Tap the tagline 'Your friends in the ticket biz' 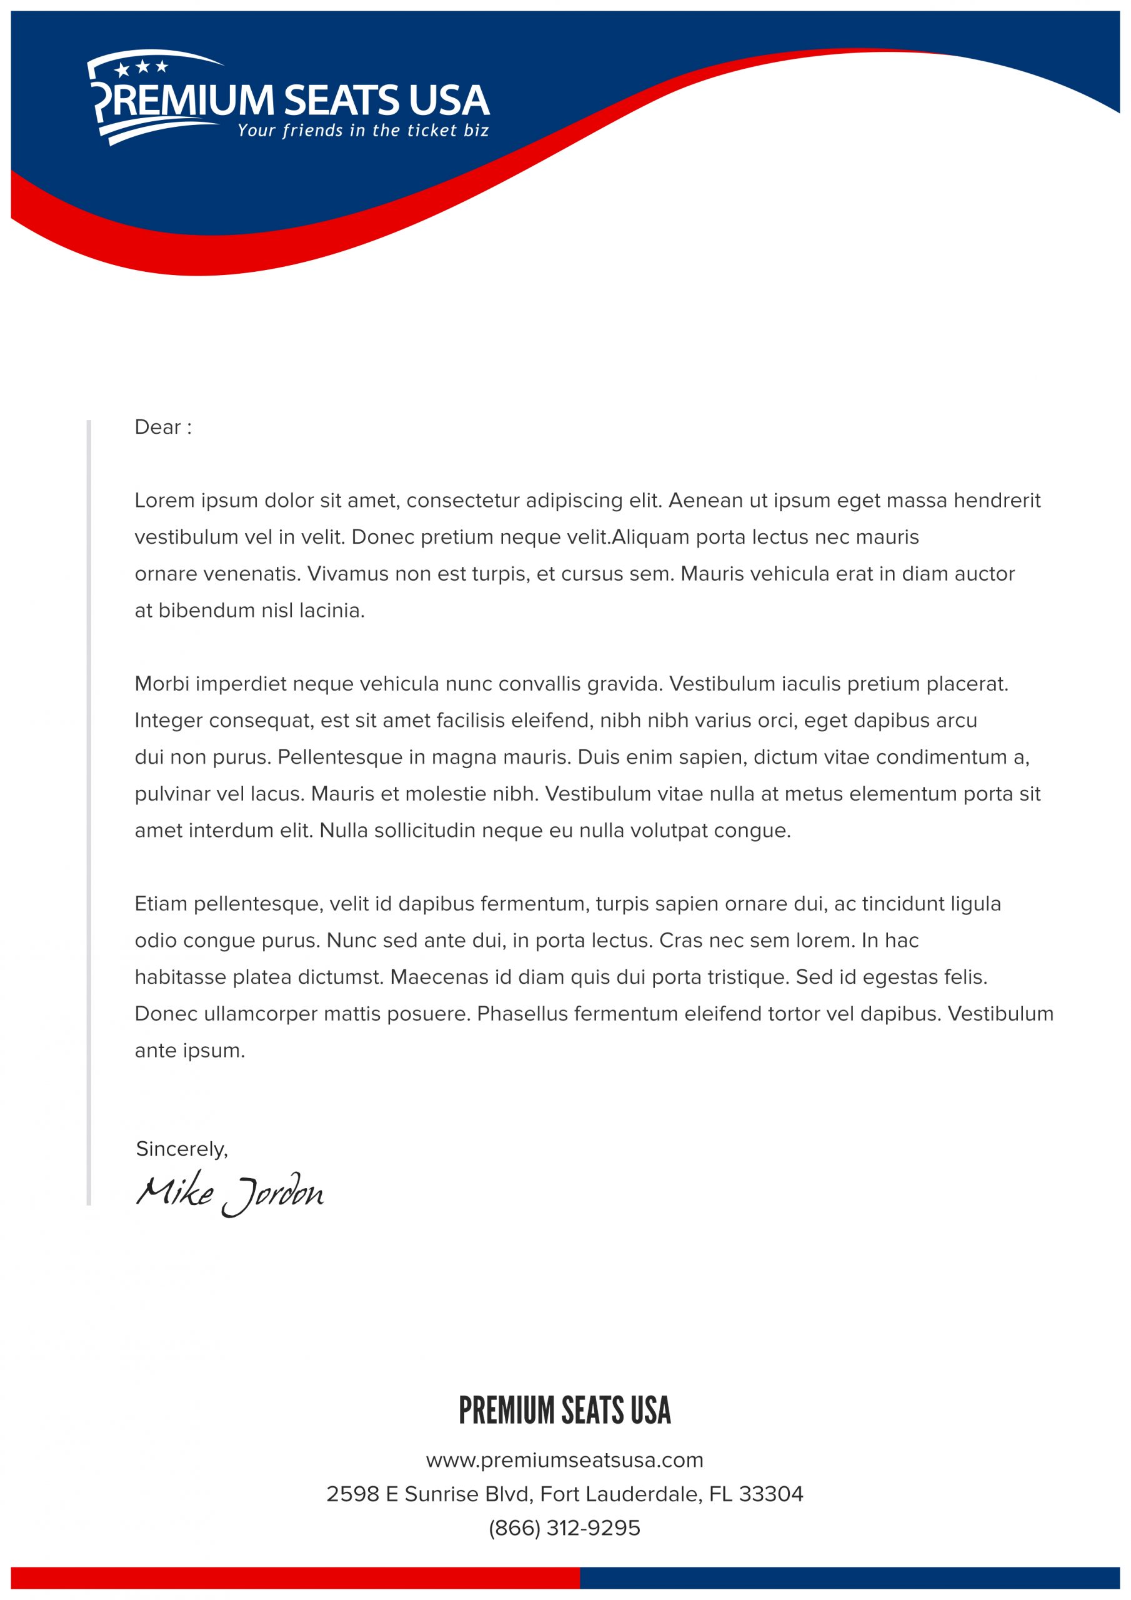pyautogui.click(x=362, y=131)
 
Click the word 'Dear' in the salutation pyautogui.click(x=157, y=427)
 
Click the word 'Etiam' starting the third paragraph pyautogui.click(x=161, y=904)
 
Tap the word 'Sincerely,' pyautogui.click(x=182, y=1149)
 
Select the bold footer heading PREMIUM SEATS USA pyautogui.click(x=564, y=1411)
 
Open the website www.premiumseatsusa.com pyautogui.click(x=564, y=1460)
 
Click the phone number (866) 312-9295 pyautogui.click(x=564, y=1528)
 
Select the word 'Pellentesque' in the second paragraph pyautogui.click(x=340, y=757)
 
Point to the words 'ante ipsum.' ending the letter pyautogui.click(x=189, y=1050)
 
